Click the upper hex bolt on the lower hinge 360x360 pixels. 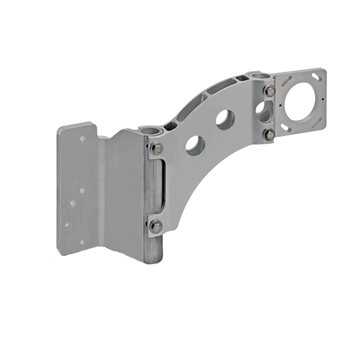tap(157, 148)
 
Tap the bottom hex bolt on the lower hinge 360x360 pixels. tap(156, 226)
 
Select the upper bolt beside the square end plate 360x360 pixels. tap(270, 91)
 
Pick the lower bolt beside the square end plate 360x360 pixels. tap(269, 134)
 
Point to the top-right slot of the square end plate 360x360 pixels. tap(316, 77)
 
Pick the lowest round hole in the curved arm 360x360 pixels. tap(195, 145)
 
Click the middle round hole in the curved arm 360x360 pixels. tap(225, 120)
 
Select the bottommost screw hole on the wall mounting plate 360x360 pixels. tap(82, 243)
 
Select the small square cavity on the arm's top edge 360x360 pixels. tap(242, 78)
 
